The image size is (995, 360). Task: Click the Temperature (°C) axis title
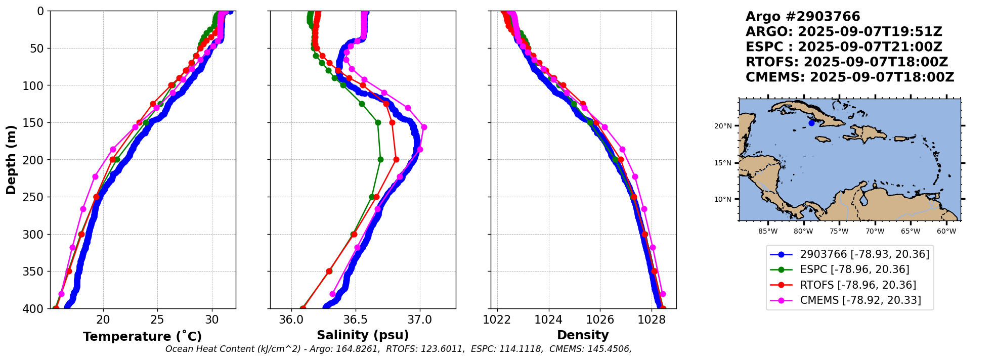(142, 336)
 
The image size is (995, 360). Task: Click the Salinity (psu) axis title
(363, 335)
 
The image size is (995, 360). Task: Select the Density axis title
(583, 335)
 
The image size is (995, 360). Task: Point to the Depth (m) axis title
(11, 160)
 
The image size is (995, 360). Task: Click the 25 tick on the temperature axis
(157, 320)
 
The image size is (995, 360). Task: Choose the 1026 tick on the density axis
(600, 320)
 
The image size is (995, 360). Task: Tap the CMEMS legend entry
(860, 300)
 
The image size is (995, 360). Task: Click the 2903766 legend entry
(864, 254)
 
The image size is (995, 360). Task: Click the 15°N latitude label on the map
(723, 163)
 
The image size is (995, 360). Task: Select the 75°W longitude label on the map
(839, 232)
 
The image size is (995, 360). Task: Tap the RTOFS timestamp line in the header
(846, 62)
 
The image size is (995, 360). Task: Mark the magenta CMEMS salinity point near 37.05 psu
(424, 127)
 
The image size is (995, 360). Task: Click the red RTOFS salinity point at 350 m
(329, 271)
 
